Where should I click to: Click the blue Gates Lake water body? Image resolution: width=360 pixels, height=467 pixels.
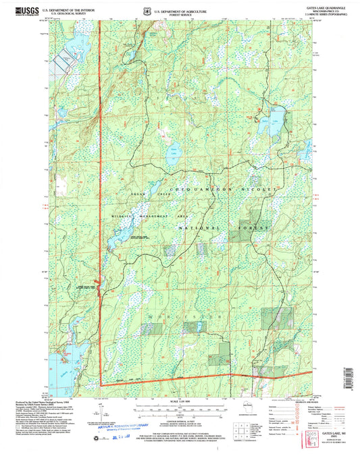click(x=277, y=116)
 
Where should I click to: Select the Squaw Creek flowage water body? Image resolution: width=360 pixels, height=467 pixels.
click(x=122, y=236)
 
